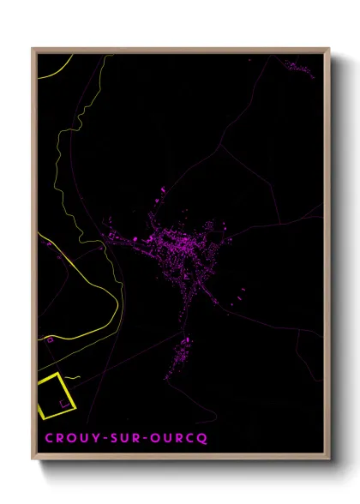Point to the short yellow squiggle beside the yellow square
[x=74, y=377]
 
